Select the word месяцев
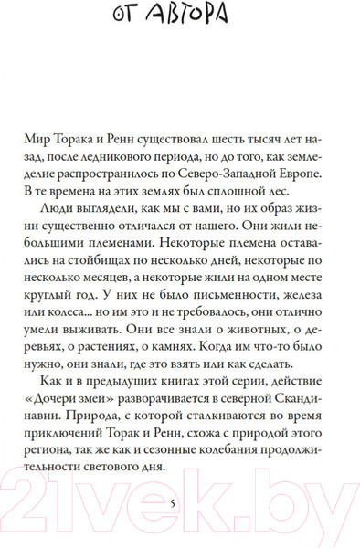(123, 299)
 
